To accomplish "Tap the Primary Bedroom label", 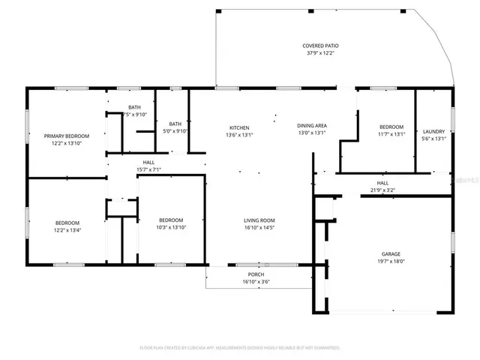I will tap(66, 136).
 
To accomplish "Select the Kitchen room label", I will tap(239, 127).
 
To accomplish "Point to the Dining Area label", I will tap(312, 125).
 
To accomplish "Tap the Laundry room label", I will tap(434, 131).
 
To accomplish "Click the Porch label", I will tap(257, 275).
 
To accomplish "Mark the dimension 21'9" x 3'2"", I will tap(382, 190).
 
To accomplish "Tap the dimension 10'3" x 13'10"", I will tap(171, 227).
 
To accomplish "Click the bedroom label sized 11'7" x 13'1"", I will tap(391, 127).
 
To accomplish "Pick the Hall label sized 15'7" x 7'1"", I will tap(149, 162).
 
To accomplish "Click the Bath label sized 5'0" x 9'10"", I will tap(175, 124).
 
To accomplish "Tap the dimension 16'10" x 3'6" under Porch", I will tap(257, 283).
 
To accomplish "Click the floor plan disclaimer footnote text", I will tap(240, 348).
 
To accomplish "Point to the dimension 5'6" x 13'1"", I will tap(434, 139).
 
